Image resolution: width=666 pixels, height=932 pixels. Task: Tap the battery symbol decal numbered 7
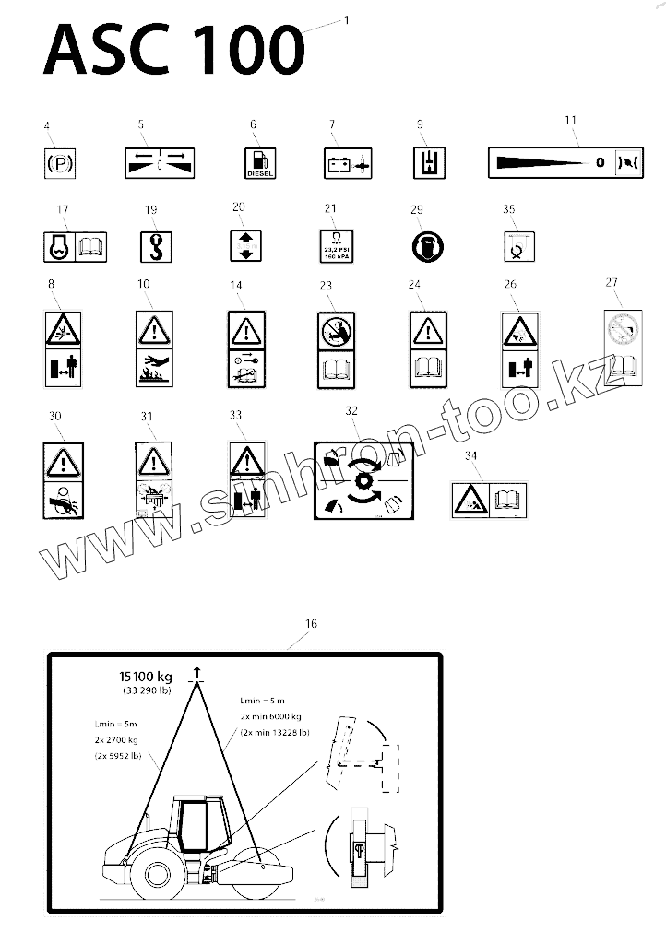(x=348, y=164)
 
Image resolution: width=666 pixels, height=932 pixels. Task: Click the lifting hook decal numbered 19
(x=154, y=245)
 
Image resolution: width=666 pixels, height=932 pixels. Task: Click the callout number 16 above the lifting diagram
(x=311, y=624)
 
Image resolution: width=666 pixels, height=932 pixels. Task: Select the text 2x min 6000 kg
(x=269, y=716)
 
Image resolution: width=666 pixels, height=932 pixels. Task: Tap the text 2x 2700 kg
(x=117, y=740)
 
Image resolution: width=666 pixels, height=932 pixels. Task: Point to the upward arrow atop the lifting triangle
(x=197, y=672)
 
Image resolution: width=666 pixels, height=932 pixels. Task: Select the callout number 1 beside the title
(x=346, y=18)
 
